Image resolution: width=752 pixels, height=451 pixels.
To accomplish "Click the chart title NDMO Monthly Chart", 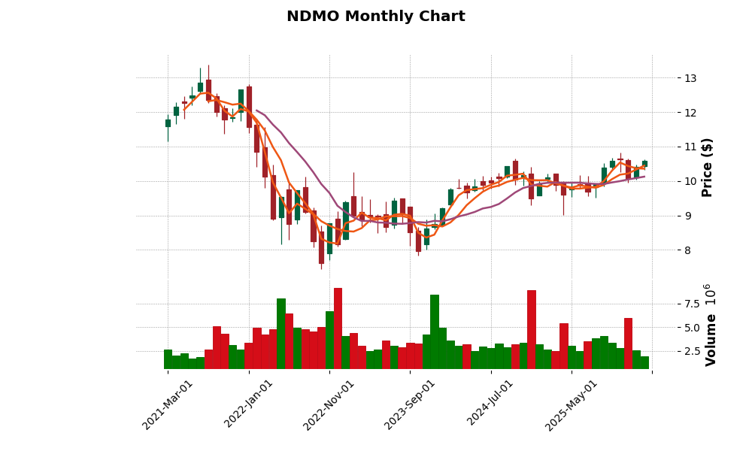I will tap(376, 17).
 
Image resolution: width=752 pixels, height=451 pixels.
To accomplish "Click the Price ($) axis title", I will tap(707, 167).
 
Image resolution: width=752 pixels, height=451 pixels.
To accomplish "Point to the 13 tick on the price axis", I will tap(690, 78).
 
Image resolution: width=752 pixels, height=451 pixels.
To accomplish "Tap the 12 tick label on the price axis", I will tap(690, 113).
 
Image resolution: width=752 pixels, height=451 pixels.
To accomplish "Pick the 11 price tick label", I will tap(690, 147).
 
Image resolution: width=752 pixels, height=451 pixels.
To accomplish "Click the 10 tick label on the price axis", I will tap(690, 181).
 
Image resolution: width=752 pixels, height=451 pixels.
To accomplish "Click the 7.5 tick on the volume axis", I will tap(692, 304).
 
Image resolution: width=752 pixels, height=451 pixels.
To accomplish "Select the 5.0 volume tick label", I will tap(692, 328).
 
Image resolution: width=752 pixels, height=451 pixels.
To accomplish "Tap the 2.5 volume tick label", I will tap(692, 351).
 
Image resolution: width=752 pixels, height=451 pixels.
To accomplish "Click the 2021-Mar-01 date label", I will tap(168, 404).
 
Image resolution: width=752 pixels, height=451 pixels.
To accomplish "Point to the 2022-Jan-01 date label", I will tap(250, 404).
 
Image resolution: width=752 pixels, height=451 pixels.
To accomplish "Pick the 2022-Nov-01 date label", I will tap(329, 404).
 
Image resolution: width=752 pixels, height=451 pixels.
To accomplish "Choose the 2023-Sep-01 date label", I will tap(411, 404).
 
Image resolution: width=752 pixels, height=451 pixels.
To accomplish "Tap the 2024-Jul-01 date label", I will tap(491, 404).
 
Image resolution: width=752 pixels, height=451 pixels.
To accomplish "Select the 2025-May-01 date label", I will tap(572, 404).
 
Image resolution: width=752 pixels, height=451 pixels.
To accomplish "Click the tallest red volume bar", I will tap(338, 328).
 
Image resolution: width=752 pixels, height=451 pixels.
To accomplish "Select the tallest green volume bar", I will tap(435, 331).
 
